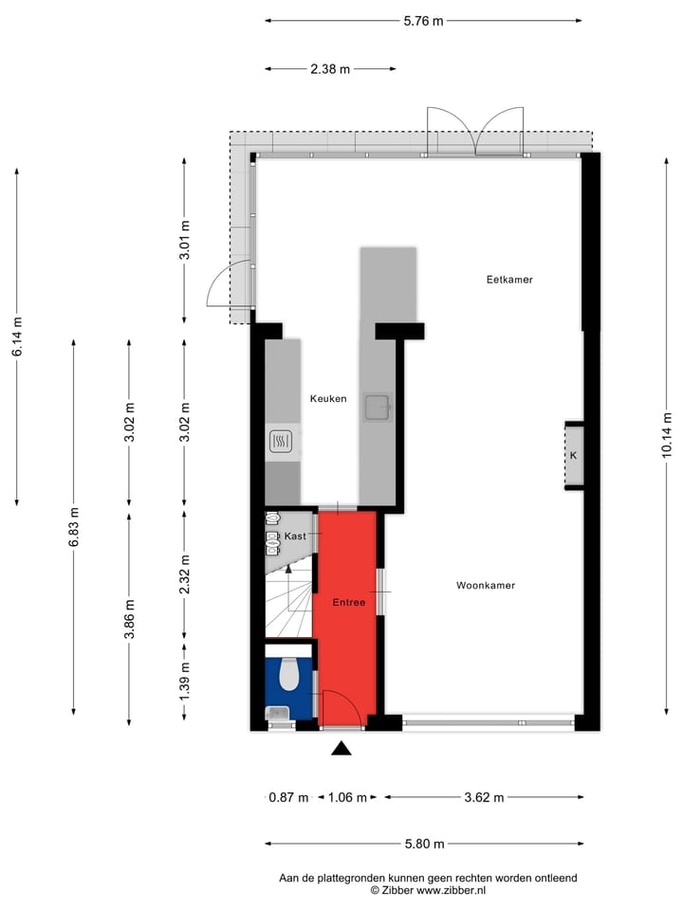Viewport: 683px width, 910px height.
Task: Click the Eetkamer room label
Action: click(x=509, y=280)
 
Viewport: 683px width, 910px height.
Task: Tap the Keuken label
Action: click(x=328, y=399)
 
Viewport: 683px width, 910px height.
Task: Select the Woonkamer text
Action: click(x=485, y=585)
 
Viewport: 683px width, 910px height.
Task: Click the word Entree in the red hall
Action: click(x=348, y=602)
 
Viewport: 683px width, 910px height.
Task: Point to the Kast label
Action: click(x=295, y=537)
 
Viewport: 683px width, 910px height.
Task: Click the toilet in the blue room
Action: click(x=290, y=675)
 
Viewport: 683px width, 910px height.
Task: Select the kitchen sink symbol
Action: click(x=378, y=407)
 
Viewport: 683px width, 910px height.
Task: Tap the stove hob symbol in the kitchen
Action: click(x=281, y=441)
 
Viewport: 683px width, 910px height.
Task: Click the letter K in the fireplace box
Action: click(x=573, y=456)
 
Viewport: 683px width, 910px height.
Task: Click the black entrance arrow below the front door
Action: click(x=341, y=749)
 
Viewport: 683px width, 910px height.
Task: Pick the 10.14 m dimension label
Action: click(x=667, y=434)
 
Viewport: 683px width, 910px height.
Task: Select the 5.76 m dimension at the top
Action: click(x=423, y=20)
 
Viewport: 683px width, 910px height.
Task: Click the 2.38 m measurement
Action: click(x=330, y=68)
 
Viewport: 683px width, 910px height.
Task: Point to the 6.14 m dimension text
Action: click(x=16, y=337)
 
